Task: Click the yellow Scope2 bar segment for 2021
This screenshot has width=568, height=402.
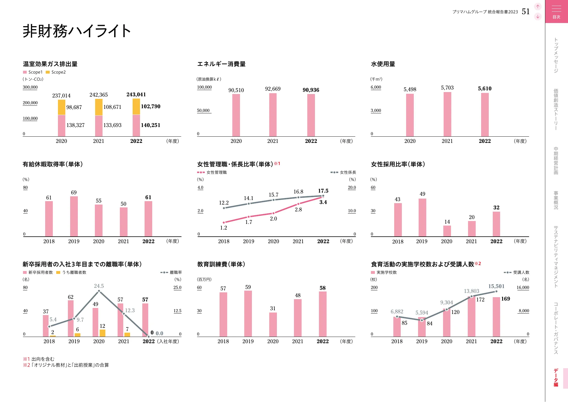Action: click(x=99, y=107)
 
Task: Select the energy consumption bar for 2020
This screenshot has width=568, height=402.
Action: click(x=236, y=115)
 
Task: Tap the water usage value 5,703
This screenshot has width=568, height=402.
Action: click(x=447, y=88)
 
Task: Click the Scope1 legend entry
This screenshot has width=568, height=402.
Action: click(x=33, y=72)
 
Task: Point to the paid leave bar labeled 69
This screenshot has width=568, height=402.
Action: click(x=74, y=216)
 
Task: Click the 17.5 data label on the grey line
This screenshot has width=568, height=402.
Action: click(x=323, y=191)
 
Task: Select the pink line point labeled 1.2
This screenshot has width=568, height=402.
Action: click(x=224, y=222)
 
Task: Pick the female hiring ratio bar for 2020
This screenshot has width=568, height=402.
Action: click(x=447, y=231)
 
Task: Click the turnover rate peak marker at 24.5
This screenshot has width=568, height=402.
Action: click(x=99, y=291)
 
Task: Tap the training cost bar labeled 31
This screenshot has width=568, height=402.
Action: click(x=273, y=324)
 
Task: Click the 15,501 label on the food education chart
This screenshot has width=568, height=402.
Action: click(x=496, y=286)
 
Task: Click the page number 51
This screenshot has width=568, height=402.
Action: click(x=526, y=11)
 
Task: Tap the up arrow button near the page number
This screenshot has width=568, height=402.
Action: click(x=538, y=6)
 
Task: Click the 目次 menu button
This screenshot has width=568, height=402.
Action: click(x=556, y=11)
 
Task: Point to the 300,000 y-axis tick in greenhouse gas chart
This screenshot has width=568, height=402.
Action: click(x=30, y=87)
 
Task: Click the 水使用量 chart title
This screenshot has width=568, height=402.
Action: click(x=383, y=64)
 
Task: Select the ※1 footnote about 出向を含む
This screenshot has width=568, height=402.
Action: click(x=39, y=359)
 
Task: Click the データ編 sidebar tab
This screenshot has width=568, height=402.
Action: click(x=556, y=378)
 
